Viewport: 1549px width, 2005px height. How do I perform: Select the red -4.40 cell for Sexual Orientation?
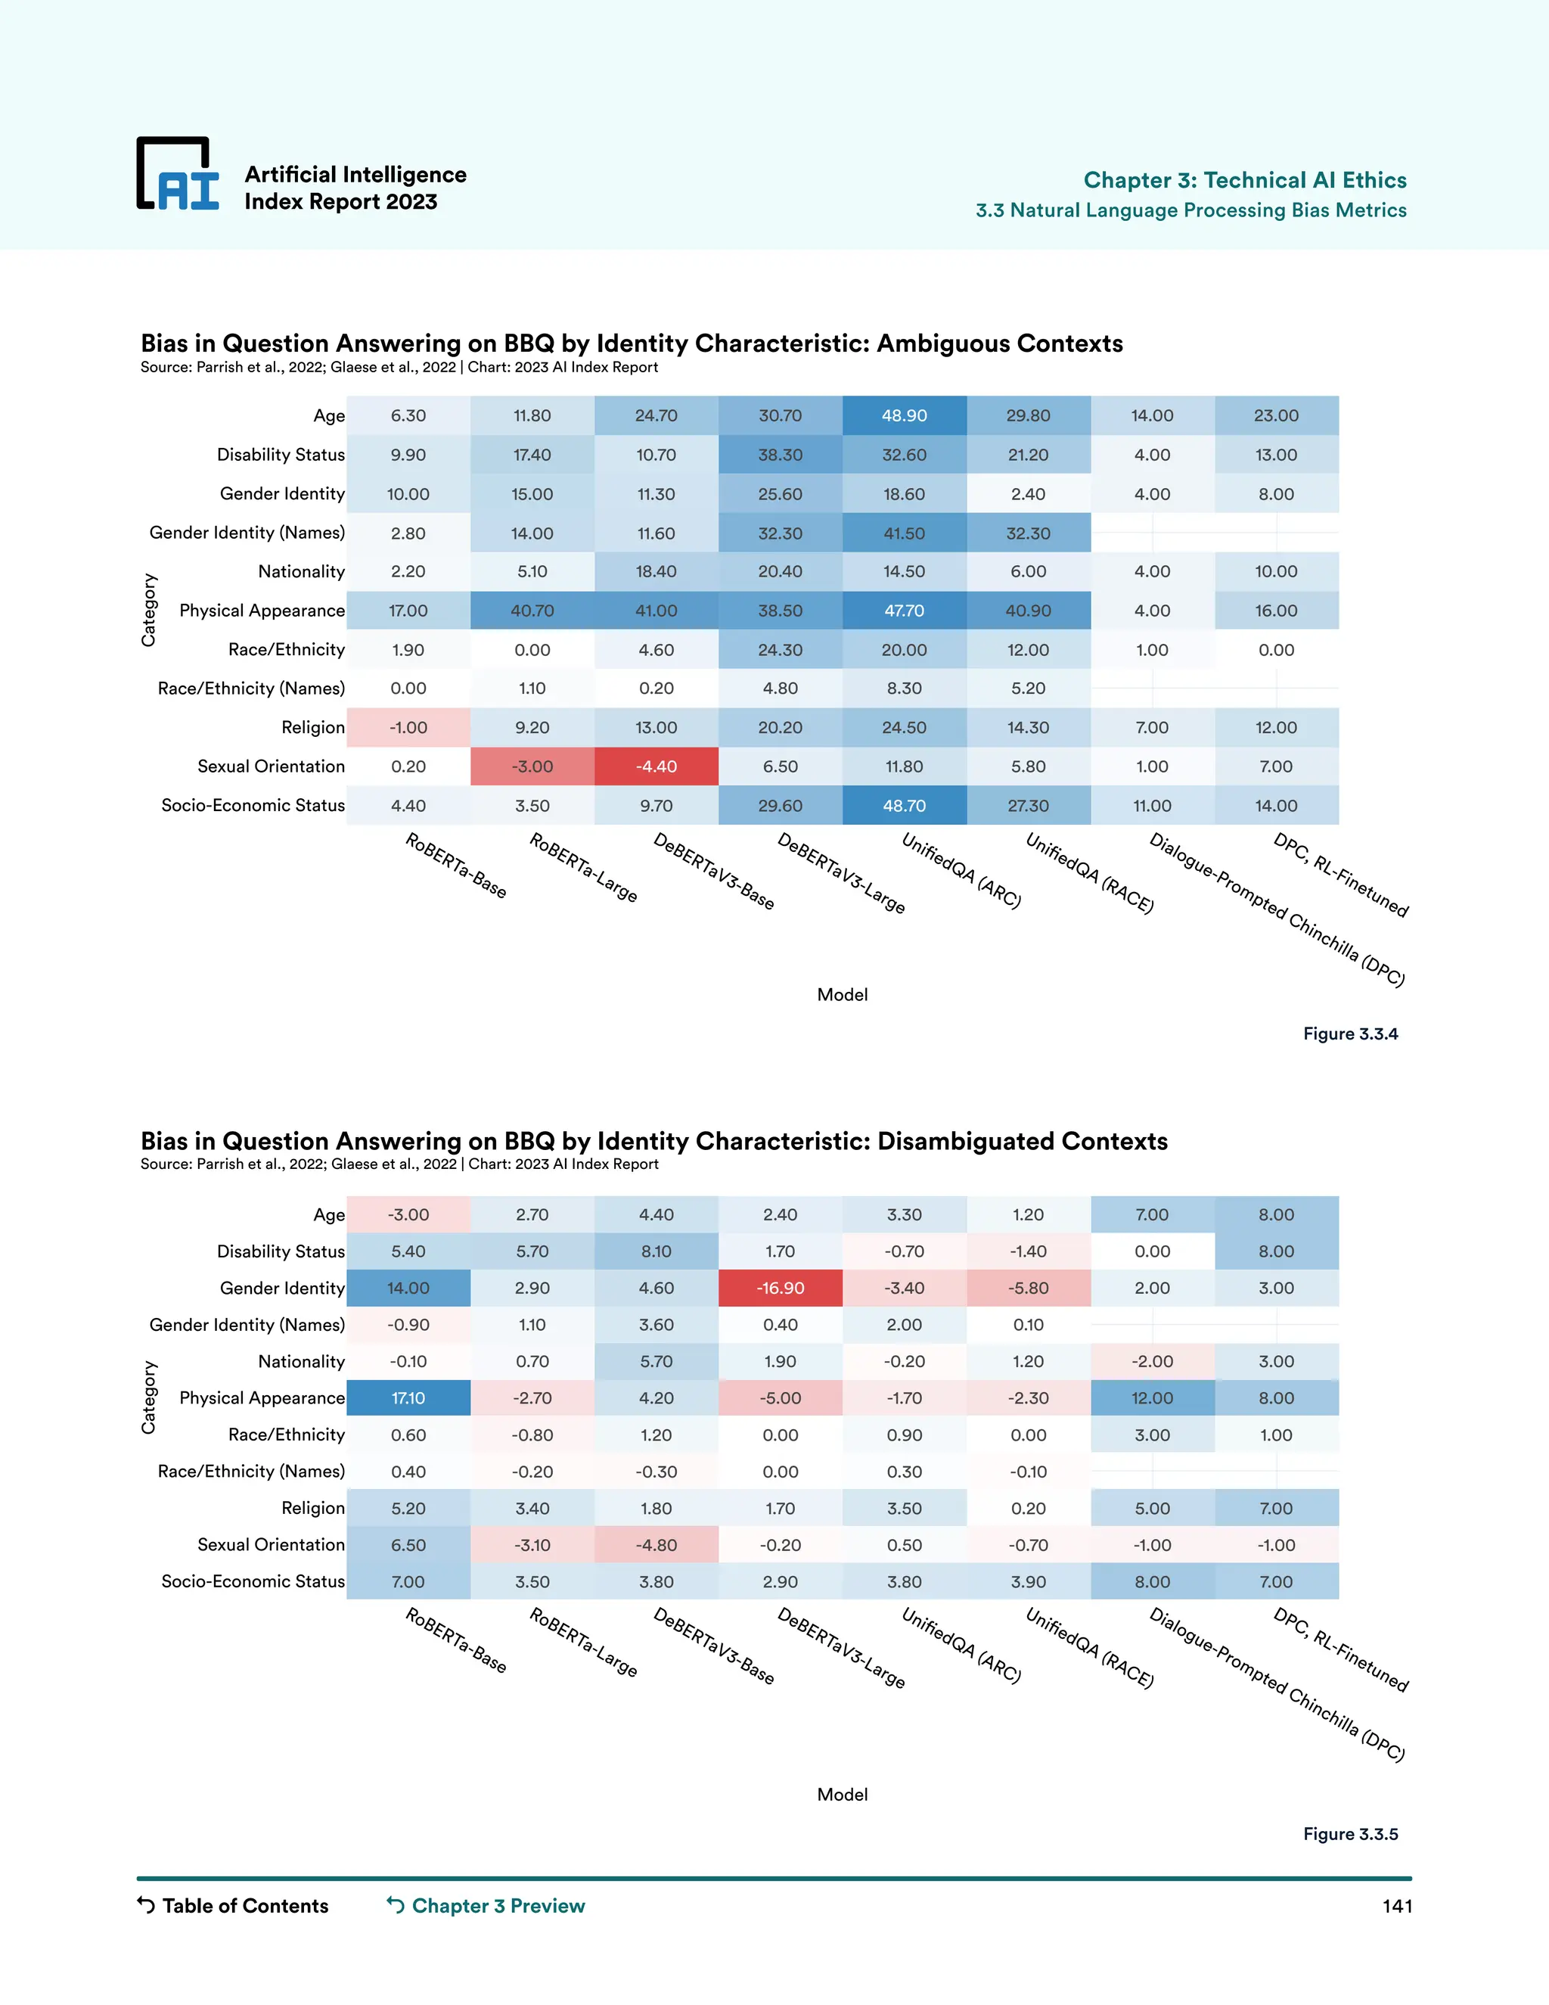click(x=656, y=766)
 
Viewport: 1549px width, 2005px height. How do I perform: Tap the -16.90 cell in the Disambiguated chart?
click(x=780, y=1288)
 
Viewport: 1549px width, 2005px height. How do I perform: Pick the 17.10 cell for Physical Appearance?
click(x=408, y=1398)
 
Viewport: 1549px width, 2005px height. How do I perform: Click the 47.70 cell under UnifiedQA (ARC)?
click(x=904, y=611)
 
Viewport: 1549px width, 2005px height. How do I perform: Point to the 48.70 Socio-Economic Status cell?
click(x=904, y=806)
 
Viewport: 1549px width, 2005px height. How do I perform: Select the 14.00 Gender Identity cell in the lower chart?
click(x=408, y=1288)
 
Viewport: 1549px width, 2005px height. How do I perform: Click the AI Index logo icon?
click(x=178, y=175)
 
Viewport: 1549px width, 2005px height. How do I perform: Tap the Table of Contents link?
click(x=244, y=1906)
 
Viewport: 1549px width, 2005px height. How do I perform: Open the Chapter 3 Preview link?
click(x=498, y=1906)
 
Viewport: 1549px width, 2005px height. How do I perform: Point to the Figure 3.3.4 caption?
click(x=1350, y=1034)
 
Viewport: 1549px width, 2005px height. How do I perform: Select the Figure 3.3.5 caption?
click(x=1350, y=1834)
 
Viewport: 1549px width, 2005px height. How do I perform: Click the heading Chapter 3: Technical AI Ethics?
click(x=1244, y=180)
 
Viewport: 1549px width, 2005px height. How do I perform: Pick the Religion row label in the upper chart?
click(x=313, y=727)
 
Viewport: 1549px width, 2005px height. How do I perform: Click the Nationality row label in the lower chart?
click(x=301, y=1361)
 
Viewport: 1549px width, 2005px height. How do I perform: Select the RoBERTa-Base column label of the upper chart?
click(x=456, y=866)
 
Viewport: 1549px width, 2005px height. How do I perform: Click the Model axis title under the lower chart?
click(x=842, y=1795)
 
